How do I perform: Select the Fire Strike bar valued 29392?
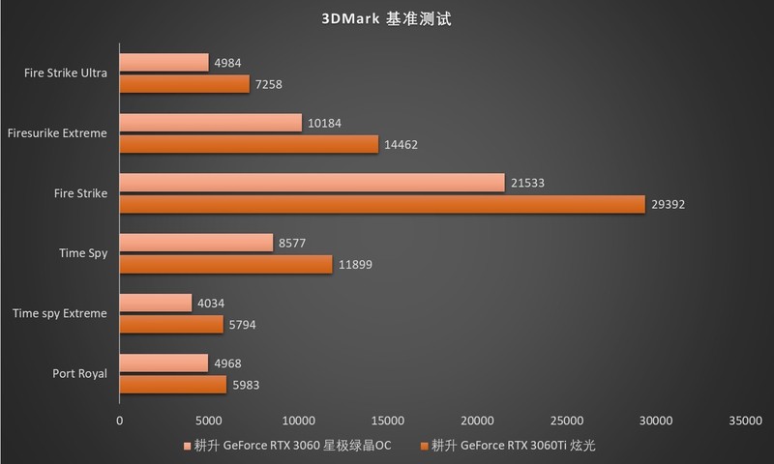382,204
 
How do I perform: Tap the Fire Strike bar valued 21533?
312,183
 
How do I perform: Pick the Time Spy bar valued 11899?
225,264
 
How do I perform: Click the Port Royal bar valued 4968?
164,363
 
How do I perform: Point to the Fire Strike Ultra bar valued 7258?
185,84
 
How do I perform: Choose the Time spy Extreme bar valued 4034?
156,304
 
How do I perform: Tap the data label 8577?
291,244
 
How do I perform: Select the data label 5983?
245,385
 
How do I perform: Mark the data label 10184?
323,123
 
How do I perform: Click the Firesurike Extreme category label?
56,133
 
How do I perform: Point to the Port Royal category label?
80,374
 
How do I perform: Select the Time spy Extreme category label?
60,313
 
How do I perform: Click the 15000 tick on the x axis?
388,420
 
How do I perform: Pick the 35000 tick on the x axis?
745,420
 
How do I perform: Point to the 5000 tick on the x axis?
209,420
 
